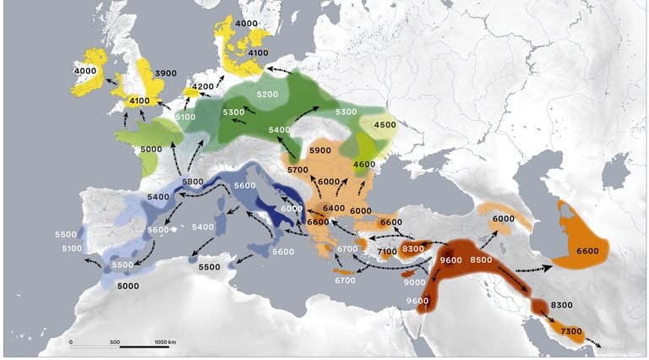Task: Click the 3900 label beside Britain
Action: [x=166, y=74]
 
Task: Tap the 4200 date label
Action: [x=204, y=86]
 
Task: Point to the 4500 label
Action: [x=384, y=124]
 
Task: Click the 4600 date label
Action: [x=363, y=164]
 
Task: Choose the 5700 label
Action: [x=297, y=170]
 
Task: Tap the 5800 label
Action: [x=192, y=182]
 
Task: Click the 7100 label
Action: [x=387, y=252]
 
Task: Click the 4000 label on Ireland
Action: [x=85, y=71]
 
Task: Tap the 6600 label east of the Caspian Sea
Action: [x=586, y=251]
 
